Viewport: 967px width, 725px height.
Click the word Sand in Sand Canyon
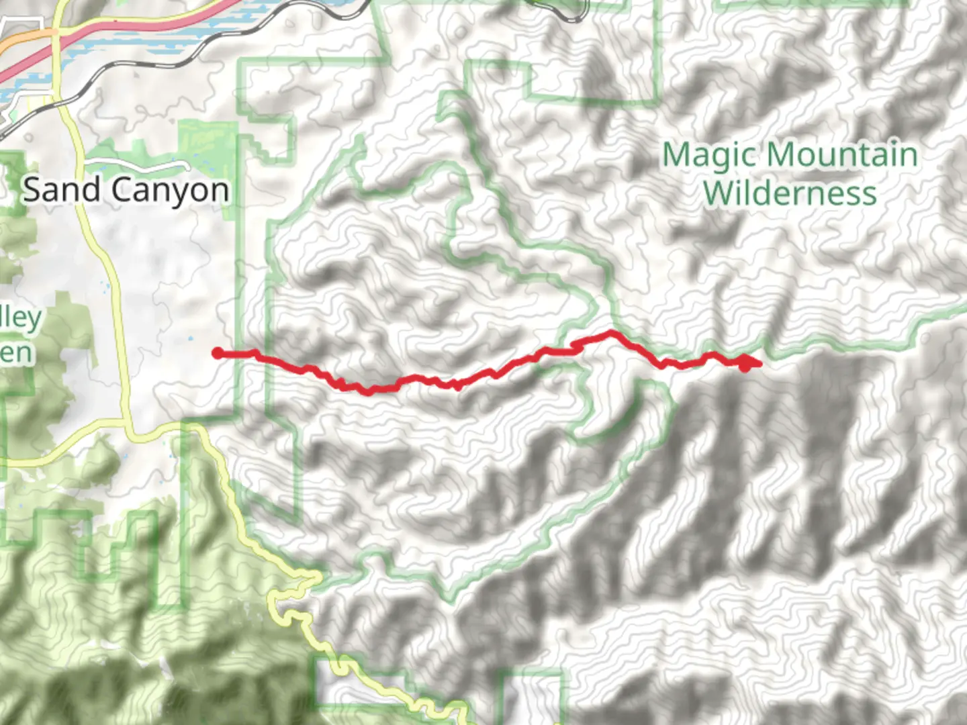[x=62, y=190]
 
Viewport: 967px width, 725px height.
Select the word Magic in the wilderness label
[x=710, y=156]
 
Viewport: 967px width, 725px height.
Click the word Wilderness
[x=790, y=193]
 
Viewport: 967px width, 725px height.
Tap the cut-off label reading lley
[x=20, y=318]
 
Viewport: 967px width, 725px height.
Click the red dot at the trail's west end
[x=218, y=353]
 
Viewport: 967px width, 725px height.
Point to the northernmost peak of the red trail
[x=610, y=332]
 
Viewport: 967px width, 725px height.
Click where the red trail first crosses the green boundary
[x=237, y=354]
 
